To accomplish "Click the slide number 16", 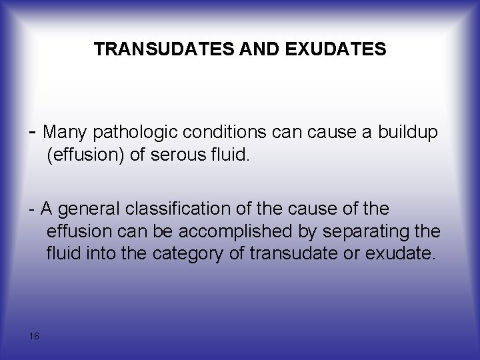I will (34, 336).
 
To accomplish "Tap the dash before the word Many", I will (33, 132).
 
